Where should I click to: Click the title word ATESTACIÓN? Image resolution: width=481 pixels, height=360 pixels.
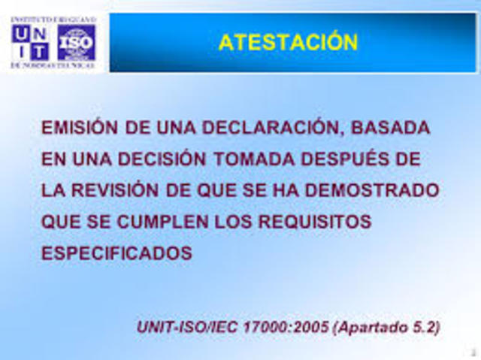288,42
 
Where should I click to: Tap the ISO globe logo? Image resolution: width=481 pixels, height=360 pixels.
77,42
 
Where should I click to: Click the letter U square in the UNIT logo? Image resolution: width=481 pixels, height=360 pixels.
21,33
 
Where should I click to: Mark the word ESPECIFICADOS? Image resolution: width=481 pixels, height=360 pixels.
117,254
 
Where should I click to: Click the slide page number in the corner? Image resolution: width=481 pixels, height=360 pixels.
473,352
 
